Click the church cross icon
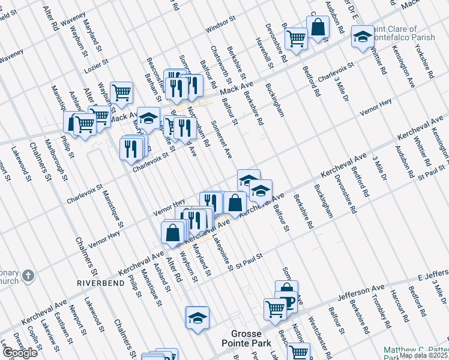click(28, 277)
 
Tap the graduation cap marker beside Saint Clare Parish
click(363, 37)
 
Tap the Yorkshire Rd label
click(424, 61)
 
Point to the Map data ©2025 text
click(423, 355)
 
